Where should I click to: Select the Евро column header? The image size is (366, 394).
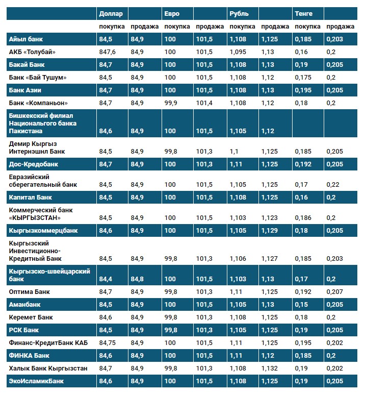172,13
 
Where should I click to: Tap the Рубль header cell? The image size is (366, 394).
239,13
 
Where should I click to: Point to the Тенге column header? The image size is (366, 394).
303,13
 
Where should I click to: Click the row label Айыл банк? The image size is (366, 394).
25,39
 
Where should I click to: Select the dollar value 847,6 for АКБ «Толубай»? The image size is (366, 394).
108,52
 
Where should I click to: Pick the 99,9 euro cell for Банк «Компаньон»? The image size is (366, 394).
171,103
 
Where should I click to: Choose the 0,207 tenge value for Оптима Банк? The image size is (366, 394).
334,292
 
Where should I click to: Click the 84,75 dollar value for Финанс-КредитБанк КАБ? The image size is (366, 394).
109,342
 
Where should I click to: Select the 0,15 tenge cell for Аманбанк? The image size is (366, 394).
301,305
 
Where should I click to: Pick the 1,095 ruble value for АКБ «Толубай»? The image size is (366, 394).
238,52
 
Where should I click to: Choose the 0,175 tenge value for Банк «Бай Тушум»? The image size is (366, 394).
303,77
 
